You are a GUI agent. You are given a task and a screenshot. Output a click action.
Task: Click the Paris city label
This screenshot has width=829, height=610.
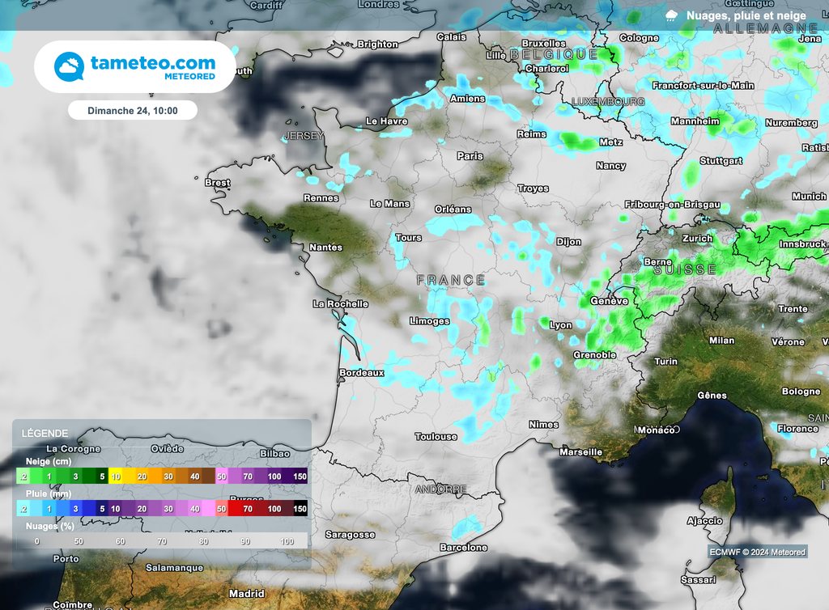pyautogui.click(x=470, y=156)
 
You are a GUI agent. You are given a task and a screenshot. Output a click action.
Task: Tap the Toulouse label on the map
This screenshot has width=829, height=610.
pyautogui.click(x=436, y=437)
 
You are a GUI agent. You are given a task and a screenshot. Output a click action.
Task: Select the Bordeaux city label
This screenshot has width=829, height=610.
pyautogui.click(x=361, y=373)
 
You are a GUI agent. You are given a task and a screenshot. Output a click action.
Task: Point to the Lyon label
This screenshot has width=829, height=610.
pyautogui.click(x=560, y=325)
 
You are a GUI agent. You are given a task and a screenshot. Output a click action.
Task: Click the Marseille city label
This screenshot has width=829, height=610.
pyautogui.click(x=580, y=451)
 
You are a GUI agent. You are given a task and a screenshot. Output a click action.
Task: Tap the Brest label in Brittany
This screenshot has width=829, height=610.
pyautogui.click(x=217, y=183)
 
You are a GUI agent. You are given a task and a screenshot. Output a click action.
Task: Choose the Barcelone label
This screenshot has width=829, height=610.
pyautogui.click(x=462, y=548)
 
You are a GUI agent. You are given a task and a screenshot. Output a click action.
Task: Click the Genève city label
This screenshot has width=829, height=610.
pyautogui.click(x=610, y=301)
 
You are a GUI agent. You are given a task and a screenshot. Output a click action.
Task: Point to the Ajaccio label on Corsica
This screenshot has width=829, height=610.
pyautogui.click(x=704, y=520)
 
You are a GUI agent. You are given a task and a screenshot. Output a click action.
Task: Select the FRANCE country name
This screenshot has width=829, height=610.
pyautogui.click(x=451, y=280)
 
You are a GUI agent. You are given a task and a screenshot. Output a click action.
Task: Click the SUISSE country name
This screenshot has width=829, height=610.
pyautogui.click(x=685, y=269)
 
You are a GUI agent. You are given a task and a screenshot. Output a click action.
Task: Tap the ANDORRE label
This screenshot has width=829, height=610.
pyautogui.click(x=440, y=489)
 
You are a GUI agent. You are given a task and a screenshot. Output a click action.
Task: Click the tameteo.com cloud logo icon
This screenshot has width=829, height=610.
pyautogui.click(x=69, y=66)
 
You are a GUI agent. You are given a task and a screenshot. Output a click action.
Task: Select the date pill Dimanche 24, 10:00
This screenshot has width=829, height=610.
pyautogui.click(x=133, y=111)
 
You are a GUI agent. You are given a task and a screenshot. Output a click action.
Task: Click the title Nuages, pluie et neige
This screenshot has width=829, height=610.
pyautogui.click(x=746, y=15)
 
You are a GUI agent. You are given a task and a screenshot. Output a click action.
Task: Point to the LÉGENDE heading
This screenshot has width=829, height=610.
pyautogui.click(x=45, y=433)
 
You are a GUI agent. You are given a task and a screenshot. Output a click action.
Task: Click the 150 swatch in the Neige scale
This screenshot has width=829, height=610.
pyautogui.click(x=300, y=477)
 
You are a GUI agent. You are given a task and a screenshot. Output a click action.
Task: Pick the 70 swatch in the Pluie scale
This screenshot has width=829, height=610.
pyautogui.click(x=247, y=509)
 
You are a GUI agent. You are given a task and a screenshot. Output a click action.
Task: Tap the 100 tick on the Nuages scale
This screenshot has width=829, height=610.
pyautogui.click(x=287, y=540)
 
